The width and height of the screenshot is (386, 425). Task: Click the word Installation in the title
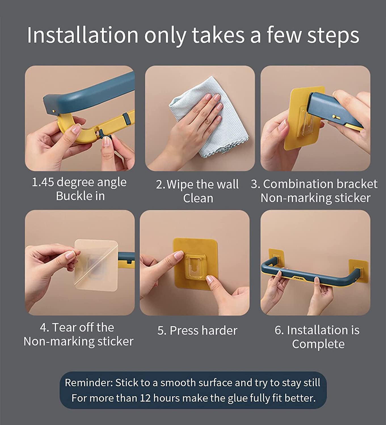(x=83, y=35)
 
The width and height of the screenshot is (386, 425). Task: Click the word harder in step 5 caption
(x=219, y=330)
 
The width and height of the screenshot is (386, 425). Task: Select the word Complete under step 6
(x=318, y=344)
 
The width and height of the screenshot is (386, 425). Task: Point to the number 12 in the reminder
(x=145, y=398)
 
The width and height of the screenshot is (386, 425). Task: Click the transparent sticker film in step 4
(x=96, y=265)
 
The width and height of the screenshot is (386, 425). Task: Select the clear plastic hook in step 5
(x=195, y=266)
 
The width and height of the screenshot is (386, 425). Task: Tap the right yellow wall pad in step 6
(x=358, y=271)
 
